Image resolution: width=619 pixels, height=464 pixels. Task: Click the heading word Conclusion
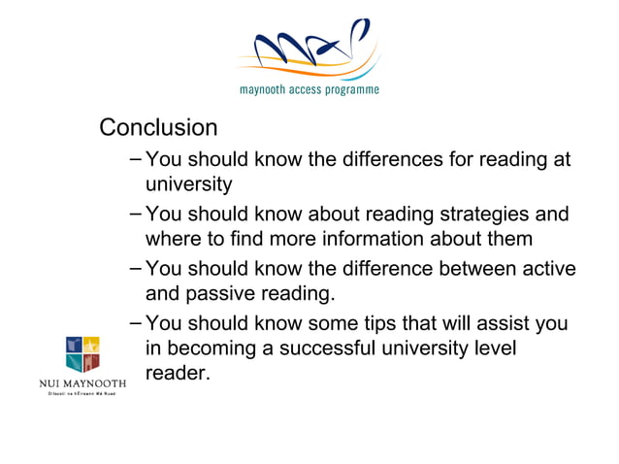click(x=159, y=128)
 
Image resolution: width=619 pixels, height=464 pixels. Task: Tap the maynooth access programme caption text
click(x=309, y=90)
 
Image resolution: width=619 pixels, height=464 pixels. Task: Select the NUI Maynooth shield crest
click(x=82, y=355)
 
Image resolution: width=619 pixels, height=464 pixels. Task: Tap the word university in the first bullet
click(x=188, y=184)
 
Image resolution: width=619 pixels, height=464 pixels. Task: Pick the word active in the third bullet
click(x=547, y=269)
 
